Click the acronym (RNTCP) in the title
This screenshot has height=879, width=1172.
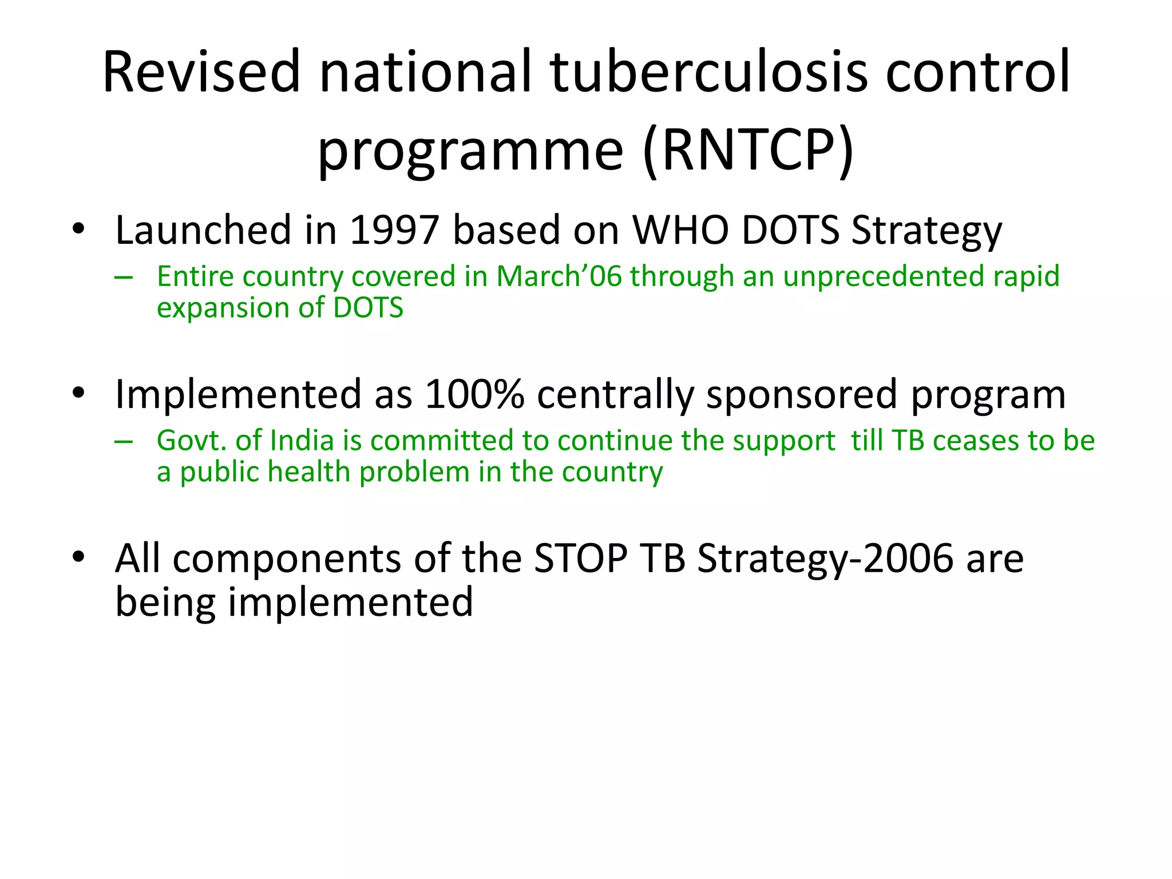(748, 151)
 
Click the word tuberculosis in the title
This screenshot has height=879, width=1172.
(708, 72)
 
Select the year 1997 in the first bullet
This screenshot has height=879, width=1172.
(394, 230)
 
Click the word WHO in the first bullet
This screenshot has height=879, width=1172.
(680, 230)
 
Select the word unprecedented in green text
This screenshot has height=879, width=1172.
(884, 276)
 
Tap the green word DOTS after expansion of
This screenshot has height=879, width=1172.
(368, 308)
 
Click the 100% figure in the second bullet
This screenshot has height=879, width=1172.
(474, 394)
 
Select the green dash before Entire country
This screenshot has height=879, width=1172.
(124, 278)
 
